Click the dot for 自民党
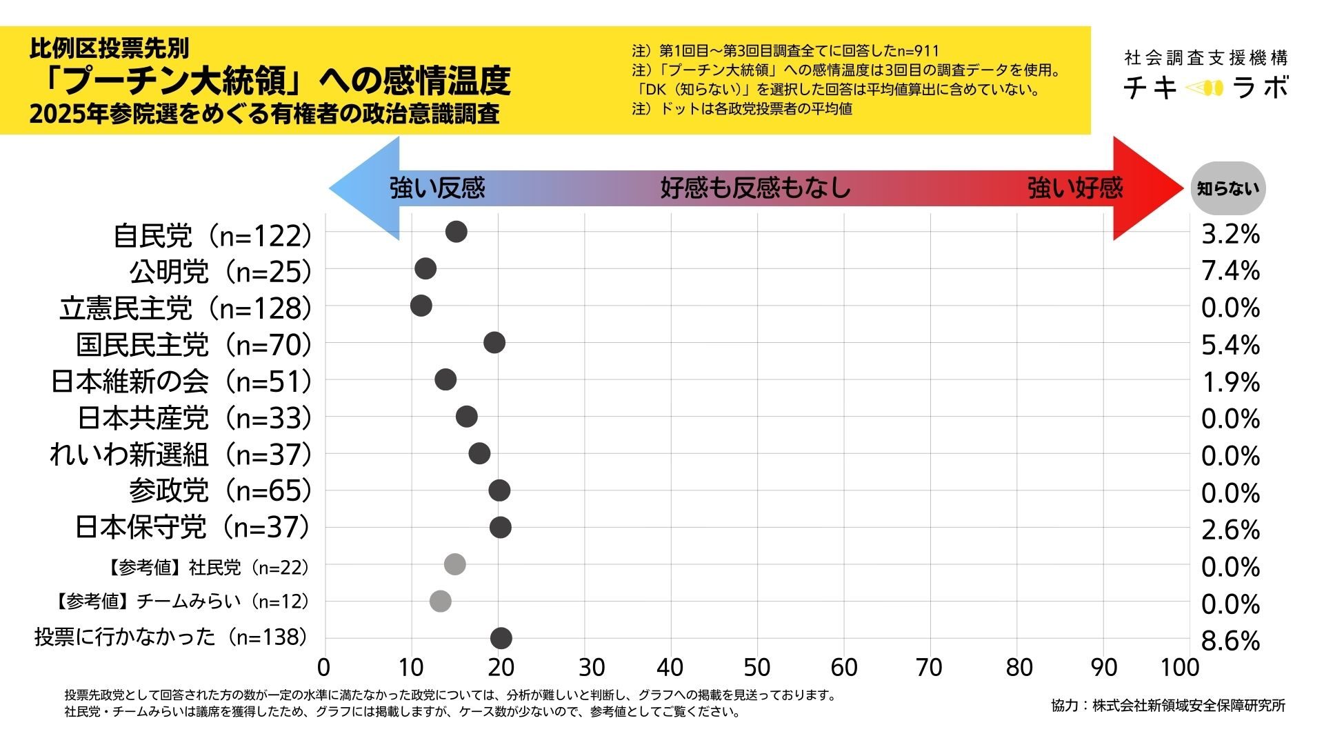pyautogui.click(x=456, y=232)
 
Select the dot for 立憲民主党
pyautogui.click(x=421, y=306)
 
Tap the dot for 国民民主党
pyautogui.click(x=494, y=342)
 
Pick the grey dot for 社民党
pyautogui.click(x=454, y=564)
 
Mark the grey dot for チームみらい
pyautogui.click(x=440, y=601)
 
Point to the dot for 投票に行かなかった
pyautogui.click(x=501, y=638)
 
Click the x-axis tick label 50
pyautogui.click(x=756, y=668)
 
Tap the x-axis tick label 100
pyautogui.click(x=1179, y=668)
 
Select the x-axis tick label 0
pyautogui.click(x=323, y=668)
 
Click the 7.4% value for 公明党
pyautogui.click(x=1230, y=271)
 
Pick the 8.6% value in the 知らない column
pyautogui.click(x=1230, y=641)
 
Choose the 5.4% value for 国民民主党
pyautogui.click(x=1230, y=345)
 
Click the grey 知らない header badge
pyautogui.click(x=1227, y=188)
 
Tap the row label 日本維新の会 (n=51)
pyautogui.click(x=181, y=381)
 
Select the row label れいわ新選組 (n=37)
pyautogui.click(x=181, y=455)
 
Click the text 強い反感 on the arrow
pyautogui.click(x=437, y=188)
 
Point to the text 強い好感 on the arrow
pyautogui.click(x=1075, y=188)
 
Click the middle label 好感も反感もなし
pyautogui.click(x=756, y=188)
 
